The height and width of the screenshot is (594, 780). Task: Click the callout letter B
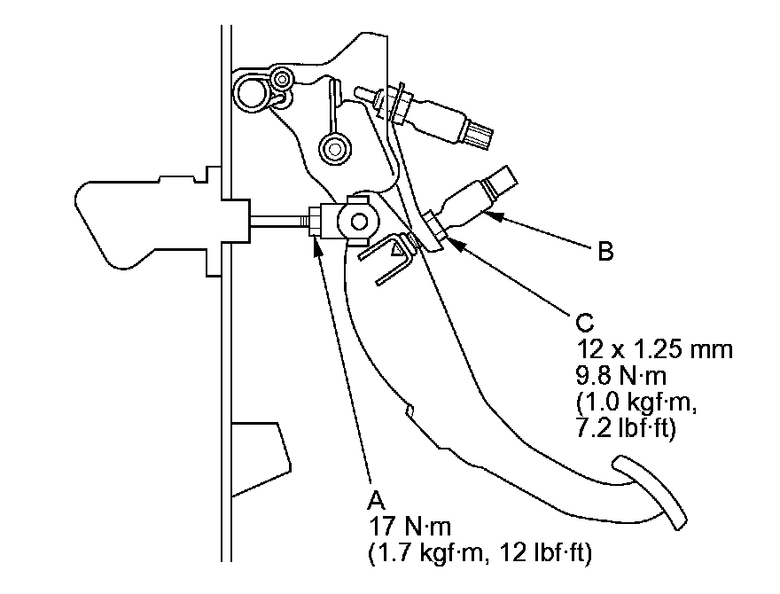tap(605, 253)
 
